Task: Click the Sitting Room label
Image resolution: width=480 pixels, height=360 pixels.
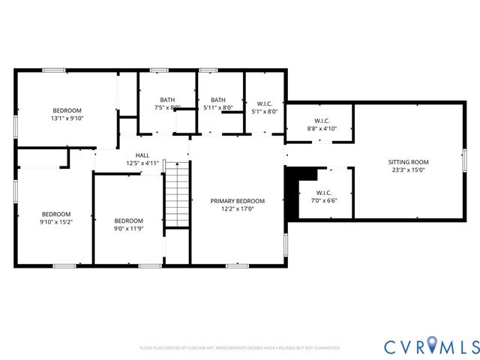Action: (x=408, y=162)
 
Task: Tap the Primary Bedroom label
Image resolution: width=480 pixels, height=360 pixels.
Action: (x=237, y=201)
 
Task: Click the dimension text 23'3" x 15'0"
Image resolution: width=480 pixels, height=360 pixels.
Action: (x=408, y=170)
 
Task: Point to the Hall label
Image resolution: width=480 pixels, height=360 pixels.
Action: (x=142, y=154)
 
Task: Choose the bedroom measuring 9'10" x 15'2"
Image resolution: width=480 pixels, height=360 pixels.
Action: (x=55, y=217)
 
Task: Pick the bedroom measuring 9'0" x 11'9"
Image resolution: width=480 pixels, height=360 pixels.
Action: (x=128, y=224)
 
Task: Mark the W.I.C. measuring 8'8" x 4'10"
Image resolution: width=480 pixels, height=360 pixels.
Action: (x=321, y=124)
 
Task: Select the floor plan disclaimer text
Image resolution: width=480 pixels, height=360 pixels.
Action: (x=240, y=348)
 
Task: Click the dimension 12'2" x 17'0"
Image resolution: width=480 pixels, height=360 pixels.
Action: (x=237, y=209)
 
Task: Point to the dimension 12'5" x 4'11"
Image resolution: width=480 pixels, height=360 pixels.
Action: (x=142, y=163)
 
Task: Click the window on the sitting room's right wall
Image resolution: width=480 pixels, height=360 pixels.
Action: (x=464, y=160)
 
